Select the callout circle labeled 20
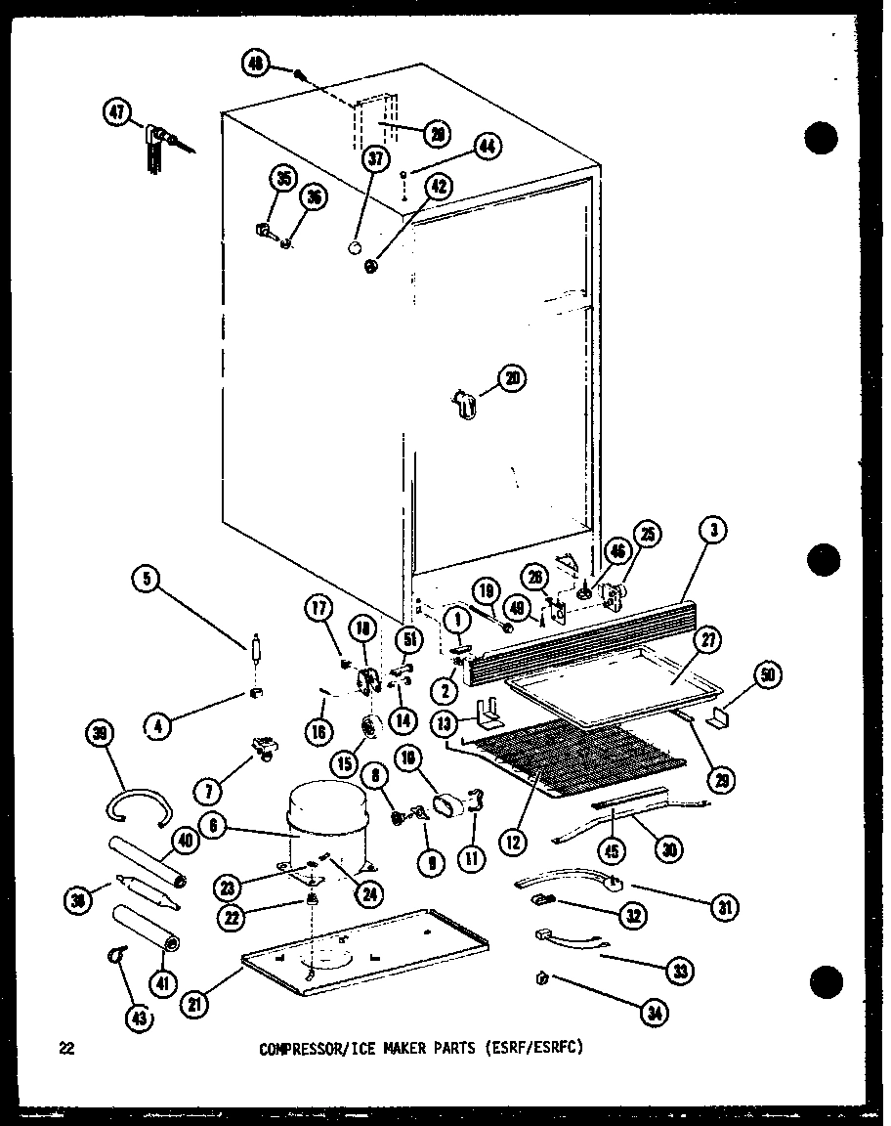click(x=512, y=377)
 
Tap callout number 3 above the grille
click(x=715, y=531)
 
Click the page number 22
click(x=66, y=1049)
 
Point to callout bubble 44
click(x=487, y=147)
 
